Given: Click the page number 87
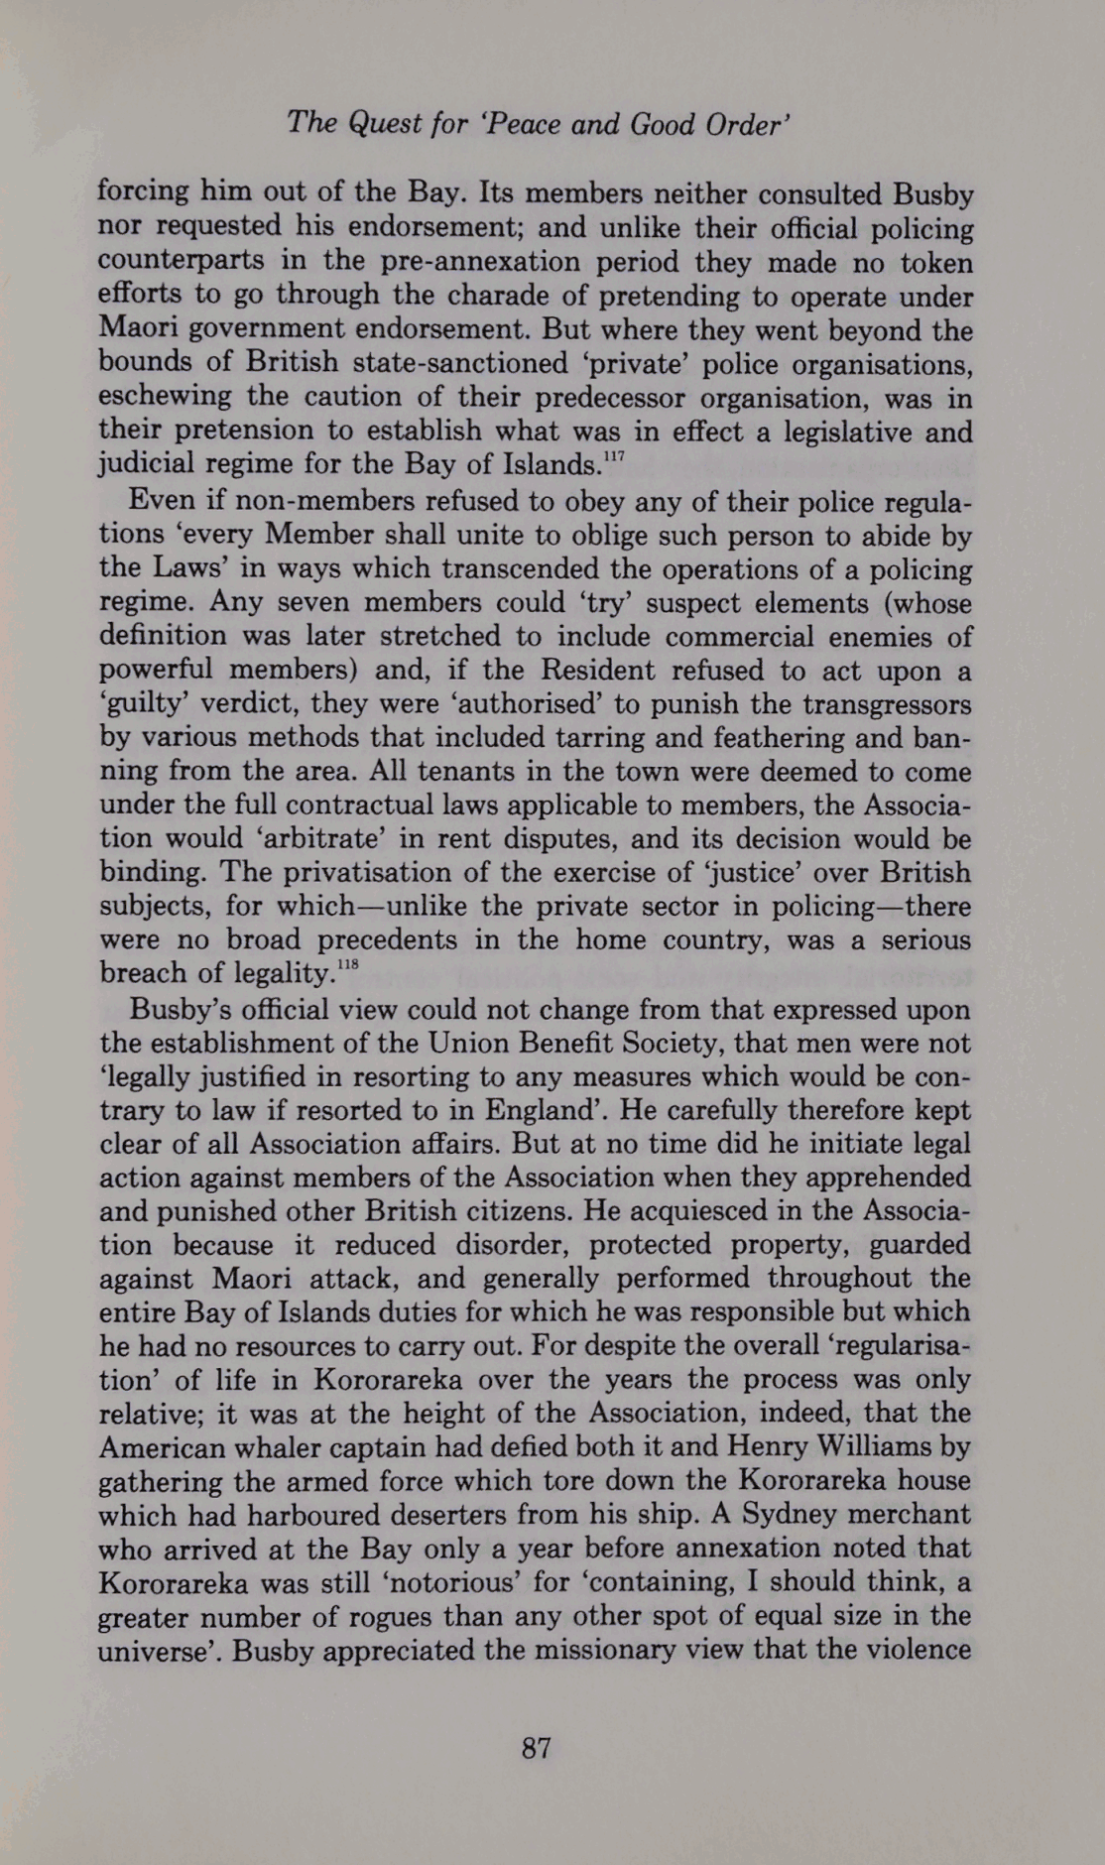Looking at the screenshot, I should click(536, 1747).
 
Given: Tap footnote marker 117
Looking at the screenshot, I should click(620, 457).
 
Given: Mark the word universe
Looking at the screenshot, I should click(158, 1649).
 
